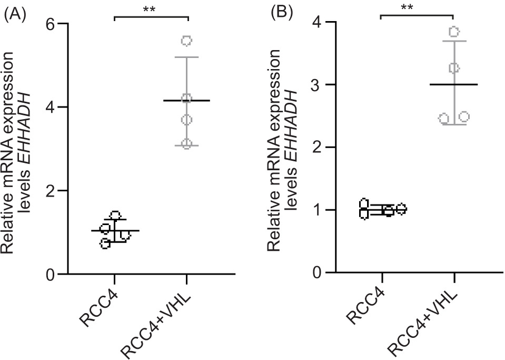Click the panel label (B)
pyautogui.click(x=281, y=13)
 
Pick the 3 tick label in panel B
pyautogui.click(x=318, y=85)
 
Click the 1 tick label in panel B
pyautogui.click(x=318, y=210)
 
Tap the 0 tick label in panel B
pyautogui.click(x=318, y=273)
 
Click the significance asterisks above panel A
pyautogui.click(x=151, y=10)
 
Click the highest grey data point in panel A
pyautogui.click(x=187, y=41)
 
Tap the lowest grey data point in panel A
pyautogui.click(x=187, y=144)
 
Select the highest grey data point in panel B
pyautogui.click(x=454, y=32)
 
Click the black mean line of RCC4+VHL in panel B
pyautogui.click(x=453, y=84)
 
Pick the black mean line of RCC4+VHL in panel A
pyautogui.click(x=187, y=100)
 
